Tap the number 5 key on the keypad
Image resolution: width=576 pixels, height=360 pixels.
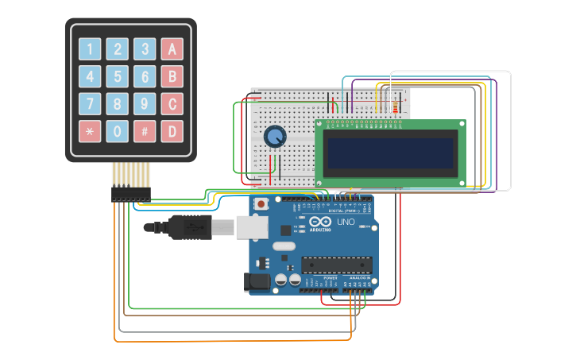point(118,77)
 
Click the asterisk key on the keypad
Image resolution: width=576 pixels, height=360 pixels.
point(90,131)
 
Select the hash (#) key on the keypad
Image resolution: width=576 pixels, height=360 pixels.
point(145,131)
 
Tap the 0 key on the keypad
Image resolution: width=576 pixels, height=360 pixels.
point(118,131)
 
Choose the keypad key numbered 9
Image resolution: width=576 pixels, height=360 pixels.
point(145,104)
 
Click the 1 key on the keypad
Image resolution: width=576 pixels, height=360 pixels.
point(90,49)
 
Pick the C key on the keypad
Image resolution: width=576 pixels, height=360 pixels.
point(172,104)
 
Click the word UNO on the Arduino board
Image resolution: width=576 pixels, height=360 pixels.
point(346,222)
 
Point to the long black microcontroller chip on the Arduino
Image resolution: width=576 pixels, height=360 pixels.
point(336,265)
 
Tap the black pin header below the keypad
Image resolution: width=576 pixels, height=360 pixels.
point(131,194)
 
